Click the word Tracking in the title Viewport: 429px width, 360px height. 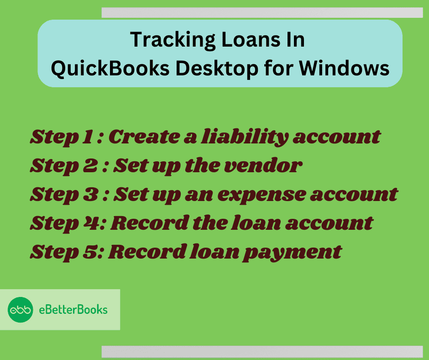pyautogui.click(x=173, y=40)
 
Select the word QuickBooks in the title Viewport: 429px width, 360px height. pyautogui.click(x=110, y=69)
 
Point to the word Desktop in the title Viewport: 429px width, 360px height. pyautogui.click(x=217, y=69)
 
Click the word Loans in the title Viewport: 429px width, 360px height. pyautogui.click(x=251, y=39)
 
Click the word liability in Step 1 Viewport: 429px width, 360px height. pyautogui.click(x=245, y=137)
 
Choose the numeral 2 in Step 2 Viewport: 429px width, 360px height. pyautogui.click(x=90, y=165)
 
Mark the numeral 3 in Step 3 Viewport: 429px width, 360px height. pyautogui.click(x=90, y=194)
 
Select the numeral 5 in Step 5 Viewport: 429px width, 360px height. pyautogui.click(x=90, y=252)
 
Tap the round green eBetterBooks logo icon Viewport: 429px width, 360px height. pyautogui.click(x=21, y=310)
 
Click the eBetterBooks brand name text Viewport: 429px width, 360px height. pyautogui.click(x=73, y=310)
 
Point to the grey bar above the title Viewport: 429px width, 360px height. pyautogui.click(x=262, y=13)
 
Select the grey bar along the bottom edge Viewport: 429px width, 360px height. pyautogui.click(x=262, y=351)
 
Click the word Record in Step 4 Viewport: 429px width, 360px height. pyautogui.click(x=150, y=223)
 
